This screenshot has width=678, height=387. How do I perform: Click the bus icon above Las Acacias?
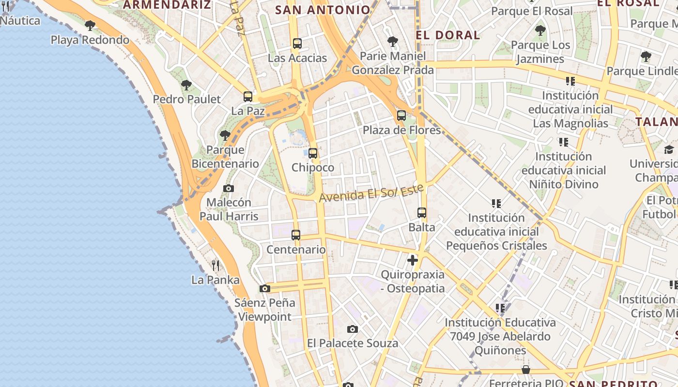(297, 44)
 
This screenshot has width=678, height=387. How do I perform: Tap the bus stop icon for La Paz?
(248, 97)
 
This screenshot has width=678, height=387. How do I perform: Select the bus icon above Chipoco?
(313, 153)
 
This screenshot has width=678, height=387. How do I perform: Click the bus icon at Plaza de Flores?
(401, 116)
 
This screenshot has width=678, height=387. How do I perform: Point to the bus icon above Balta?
(422, 213)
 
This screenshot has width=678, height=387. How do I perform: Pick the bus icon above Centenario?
(296, 235)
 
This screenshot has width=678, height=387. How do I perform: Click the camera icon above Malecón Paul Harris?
(229, 188)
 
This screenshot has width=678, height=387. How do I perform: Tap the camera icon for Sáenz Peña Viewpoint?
(264, 288)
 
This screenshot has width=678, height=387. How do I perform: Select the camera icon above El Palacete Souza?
(353, 329)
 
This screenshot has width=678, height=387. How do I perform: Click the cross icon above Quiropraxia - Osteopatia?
(413, 260)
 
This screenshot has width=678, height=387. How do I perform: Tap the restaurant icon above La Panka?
(216, 265)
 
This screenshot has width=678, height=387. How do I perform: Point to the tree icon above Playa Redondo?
(90, 25)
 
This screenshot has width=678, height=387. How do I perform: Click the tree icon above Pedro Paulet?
(186, 85)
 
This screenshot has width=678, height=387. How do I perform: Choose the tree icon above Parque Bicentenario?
(225, 135)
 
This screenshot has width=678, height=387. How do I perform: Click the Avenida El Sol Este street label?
(371, 193)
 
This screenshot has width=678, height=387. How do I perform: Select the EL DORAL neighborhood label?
(448, 35)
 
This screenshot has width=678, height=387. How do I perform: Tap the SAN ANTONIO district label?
(323, 10)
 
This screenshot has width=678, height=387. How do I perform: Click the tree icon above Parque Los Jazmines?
(540, 30)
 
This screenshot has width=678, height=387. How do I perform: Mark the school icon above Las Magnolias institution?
(570, 81)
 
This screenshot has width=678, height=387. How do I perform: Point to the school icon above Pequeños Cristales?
(496, 203)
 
